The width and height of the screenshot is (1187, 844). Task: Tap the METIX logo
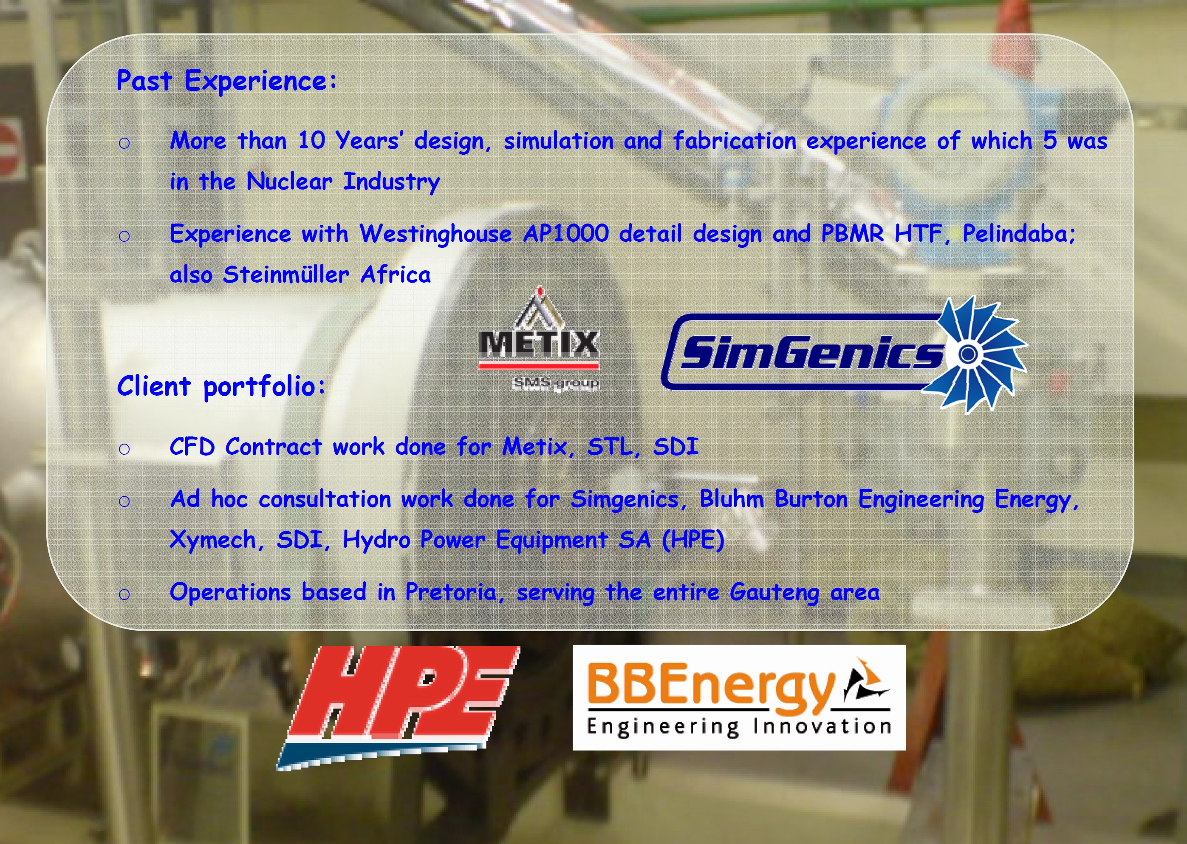(539, 339)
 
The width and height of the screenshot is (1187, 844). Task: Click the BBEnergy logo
(739, 697)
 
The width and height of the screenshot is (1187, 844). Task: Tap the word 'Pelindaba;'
(1019, 233)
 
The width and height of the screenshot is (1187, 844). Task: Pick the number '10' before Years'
(311, 140)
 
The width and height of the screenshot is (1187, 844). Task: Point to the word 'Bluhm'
(732, 498)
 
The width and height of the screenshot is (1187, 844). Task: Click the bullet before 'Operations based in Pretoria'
(124, 594)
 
